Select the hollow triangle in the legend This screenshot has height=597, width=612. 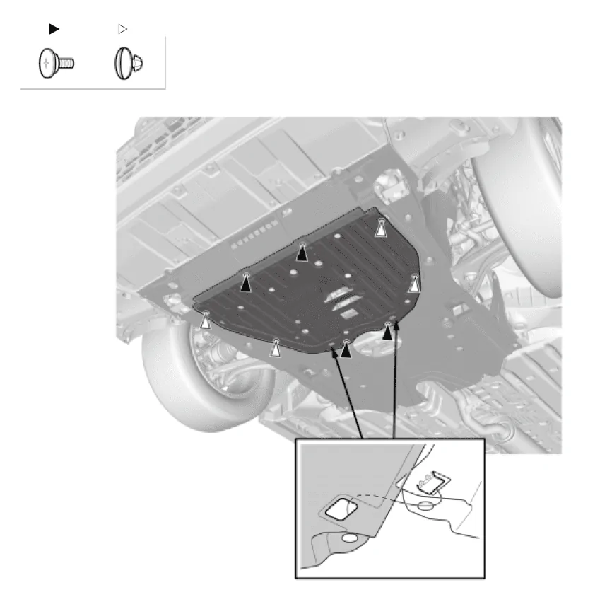click(x=122, y=29)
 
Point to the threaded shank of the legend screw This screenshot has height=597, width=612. click(x=66, y=64)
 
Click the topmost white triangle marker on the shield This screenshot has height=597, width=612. click(x=382, y=228)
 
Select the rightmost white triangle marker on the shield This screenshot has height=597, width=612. click(x=415, y=284)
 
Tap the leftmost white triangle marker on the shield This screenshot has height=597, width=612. click(x=205, y=320)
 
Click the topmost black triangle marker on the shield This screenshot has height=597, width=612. click(x=302, y=253)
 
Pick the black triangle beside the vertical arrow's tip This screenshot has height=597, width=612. click(x=387, y=330)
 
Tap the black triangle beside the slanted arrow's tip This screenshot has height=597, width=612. click(x=346, y=349)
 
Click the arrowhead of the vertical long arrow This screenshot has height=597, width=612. click(x=395, y=326)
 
